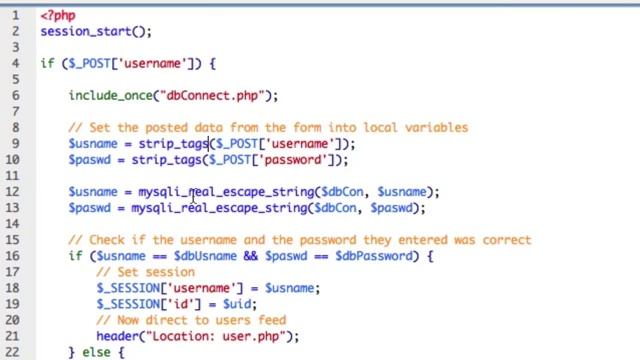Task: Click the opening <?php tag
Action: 57,15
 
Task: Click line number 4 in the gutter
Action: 16,63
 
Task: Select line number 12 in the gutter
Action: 13,191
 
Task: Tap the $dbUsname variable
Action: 194,255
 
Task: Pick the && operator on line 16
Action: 247,255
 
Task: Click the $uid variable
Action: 239,303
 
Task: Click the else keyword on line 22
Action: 96,352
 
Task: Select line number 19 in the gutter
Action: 13,303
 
